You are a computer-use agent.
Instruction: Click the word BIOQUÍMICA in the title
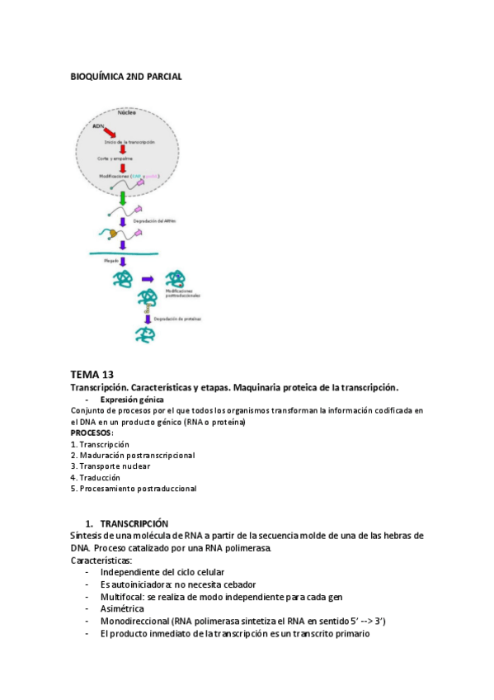click(96, 77)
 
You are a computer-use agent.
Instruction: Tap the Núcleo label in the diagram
click(126, 112)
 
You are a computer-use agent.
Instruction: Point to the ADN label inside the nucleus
click(98, 125)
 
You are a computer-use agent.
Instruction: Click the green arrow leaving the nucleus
click(123, 200)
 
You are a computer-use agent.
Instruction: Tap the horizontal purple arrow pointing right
click(148, 280)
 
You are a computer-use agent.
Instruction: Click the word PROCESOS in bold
click(91, 433)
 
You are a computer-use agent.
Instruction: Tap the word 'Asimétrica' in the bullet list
click(122, 608)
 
